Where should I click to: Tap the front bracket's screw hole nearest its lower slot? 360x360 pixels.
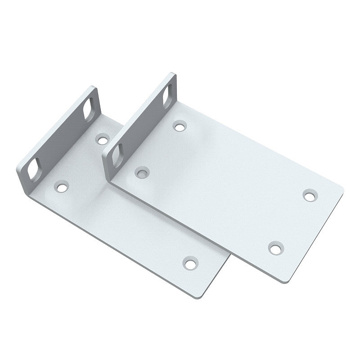143,171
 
